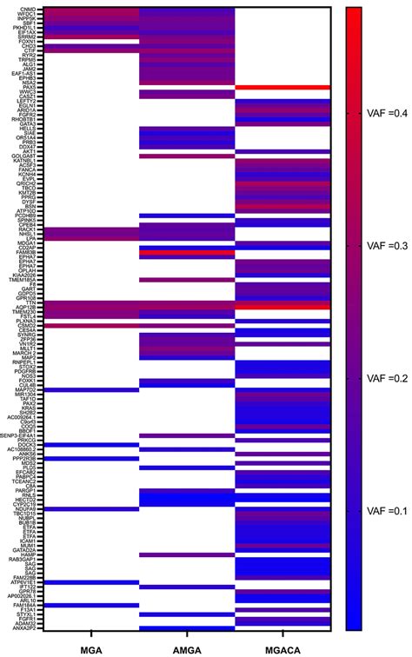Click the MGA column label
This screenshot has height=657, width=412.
pyautogui.click(x=91, y=648)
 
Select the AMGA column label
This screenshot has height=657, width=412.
pyautogui.click(x=187, y=648)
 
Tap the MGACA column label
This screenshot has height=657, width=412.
pyautogui.click(x=282, y=648)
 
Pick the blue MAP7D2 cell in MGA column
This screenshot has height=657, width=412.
pyautogui.click(x=91, y=389)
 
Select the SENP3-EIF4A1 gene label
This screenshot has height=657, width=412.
pyautogui.click(x=21, y=435)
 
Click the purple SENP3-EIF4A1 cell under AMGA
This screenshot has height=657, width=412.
pyautogui.click(x=187, y=435)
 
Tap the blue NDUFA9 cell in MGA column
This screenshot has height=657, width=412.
pyautogui.click(x=91, y=508)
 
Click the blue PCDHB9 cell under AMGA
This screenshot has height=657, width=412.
pyautogui.click(x=187, y=216)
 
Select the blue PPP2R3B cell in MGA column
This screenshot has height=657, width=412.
pyautogui.click(x=91, y=457)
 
